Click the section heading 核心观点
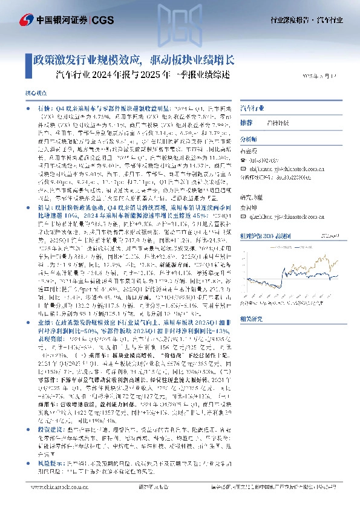[x=34, y=96]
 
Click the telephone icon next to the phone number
[x=243, y=159]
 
